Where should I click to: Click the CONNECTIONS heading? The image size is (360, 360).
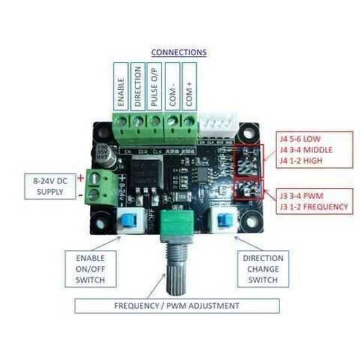click(x=179, y=52)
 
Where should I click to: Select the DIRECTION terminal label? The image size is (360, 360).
click(x=138, y=87)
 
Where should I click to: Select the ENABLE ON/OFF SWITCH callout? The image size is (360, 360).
click(x=91, y=269)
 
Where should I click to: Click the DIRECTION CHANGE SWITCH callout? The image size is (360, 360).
click(x=262, y=269)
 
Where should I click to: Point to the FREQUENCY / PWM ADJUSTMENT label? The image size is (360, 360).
click(x=176, y=306)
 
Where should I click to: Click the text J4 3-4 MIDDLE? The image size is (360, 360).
click(x=306, y=148)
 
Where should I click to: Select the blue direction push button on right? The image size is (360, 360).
click(x=227, y=220)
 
